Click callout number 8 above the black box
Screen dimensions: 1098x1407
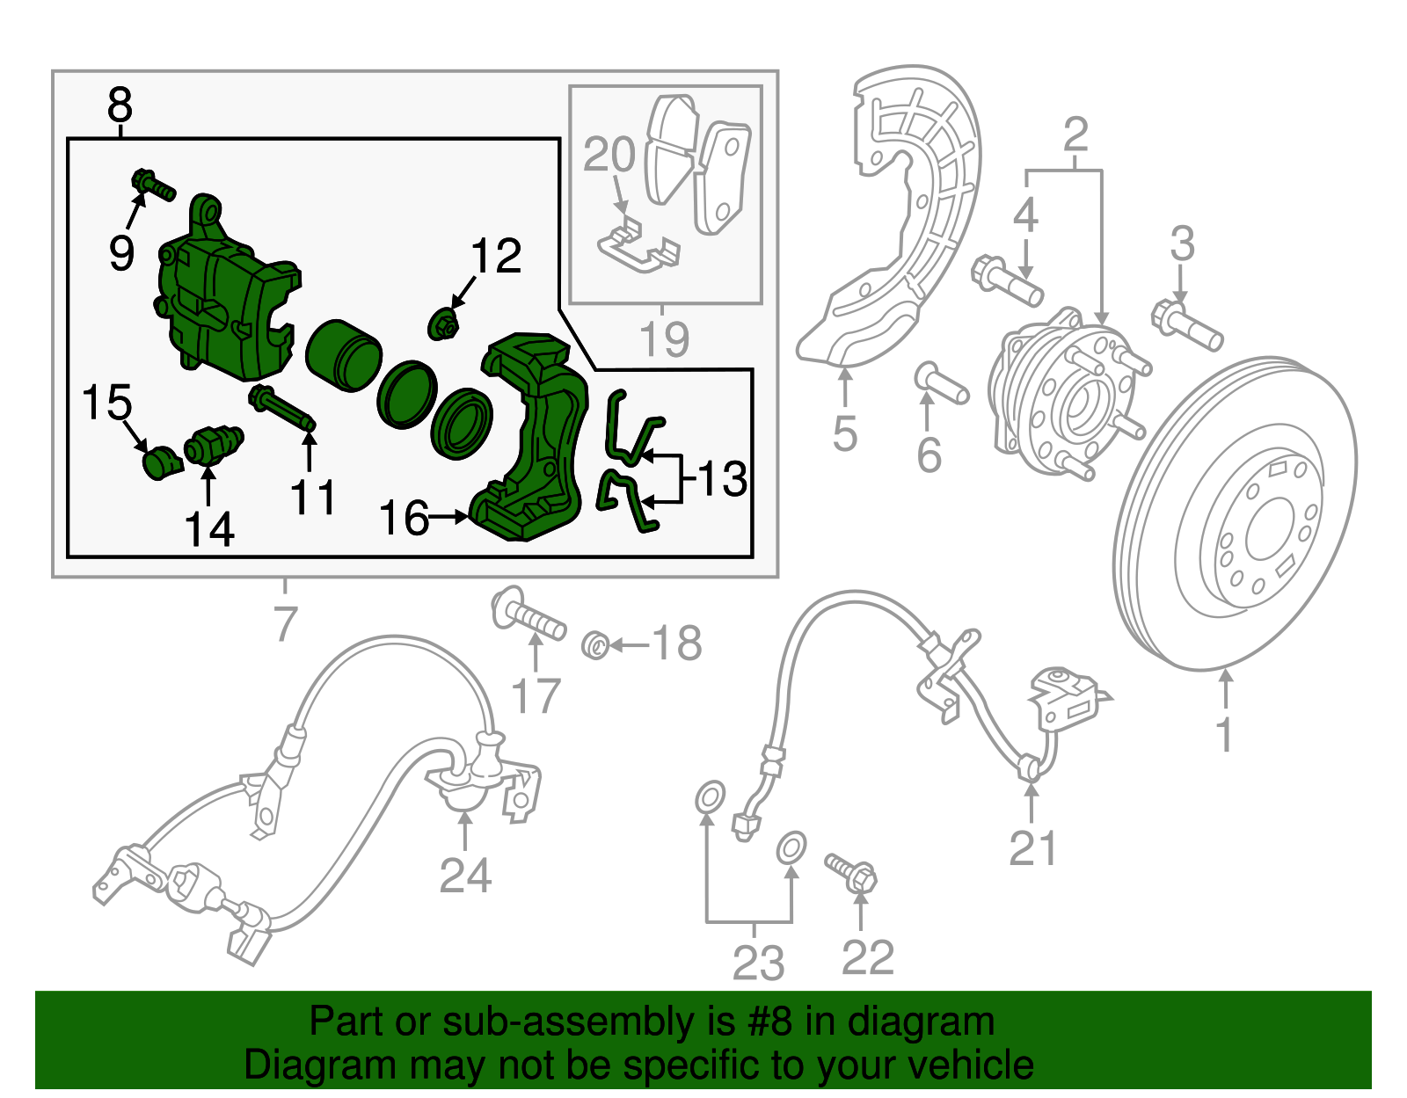coord(120,105)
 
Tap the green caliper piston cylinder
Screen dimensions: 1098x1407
coord(343,355)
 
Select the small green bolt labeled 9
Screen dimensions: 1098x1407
coord(152,185)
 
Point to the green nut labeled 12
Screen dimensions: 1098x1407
coord(445,326)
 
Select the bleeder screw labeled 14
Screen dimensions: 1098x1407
coord(212,444)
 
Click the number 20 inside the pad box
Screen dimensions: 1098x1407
coord(609,155)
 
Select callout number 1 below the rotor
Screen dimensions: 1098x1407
coord(1224,735)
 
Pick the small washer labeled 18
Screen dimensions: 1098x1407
coord(595,646)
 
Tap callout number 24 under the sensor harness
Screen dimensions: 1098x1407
coord(465,876)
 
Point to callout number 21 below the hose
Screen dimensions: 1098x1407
coord(1032,848)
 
